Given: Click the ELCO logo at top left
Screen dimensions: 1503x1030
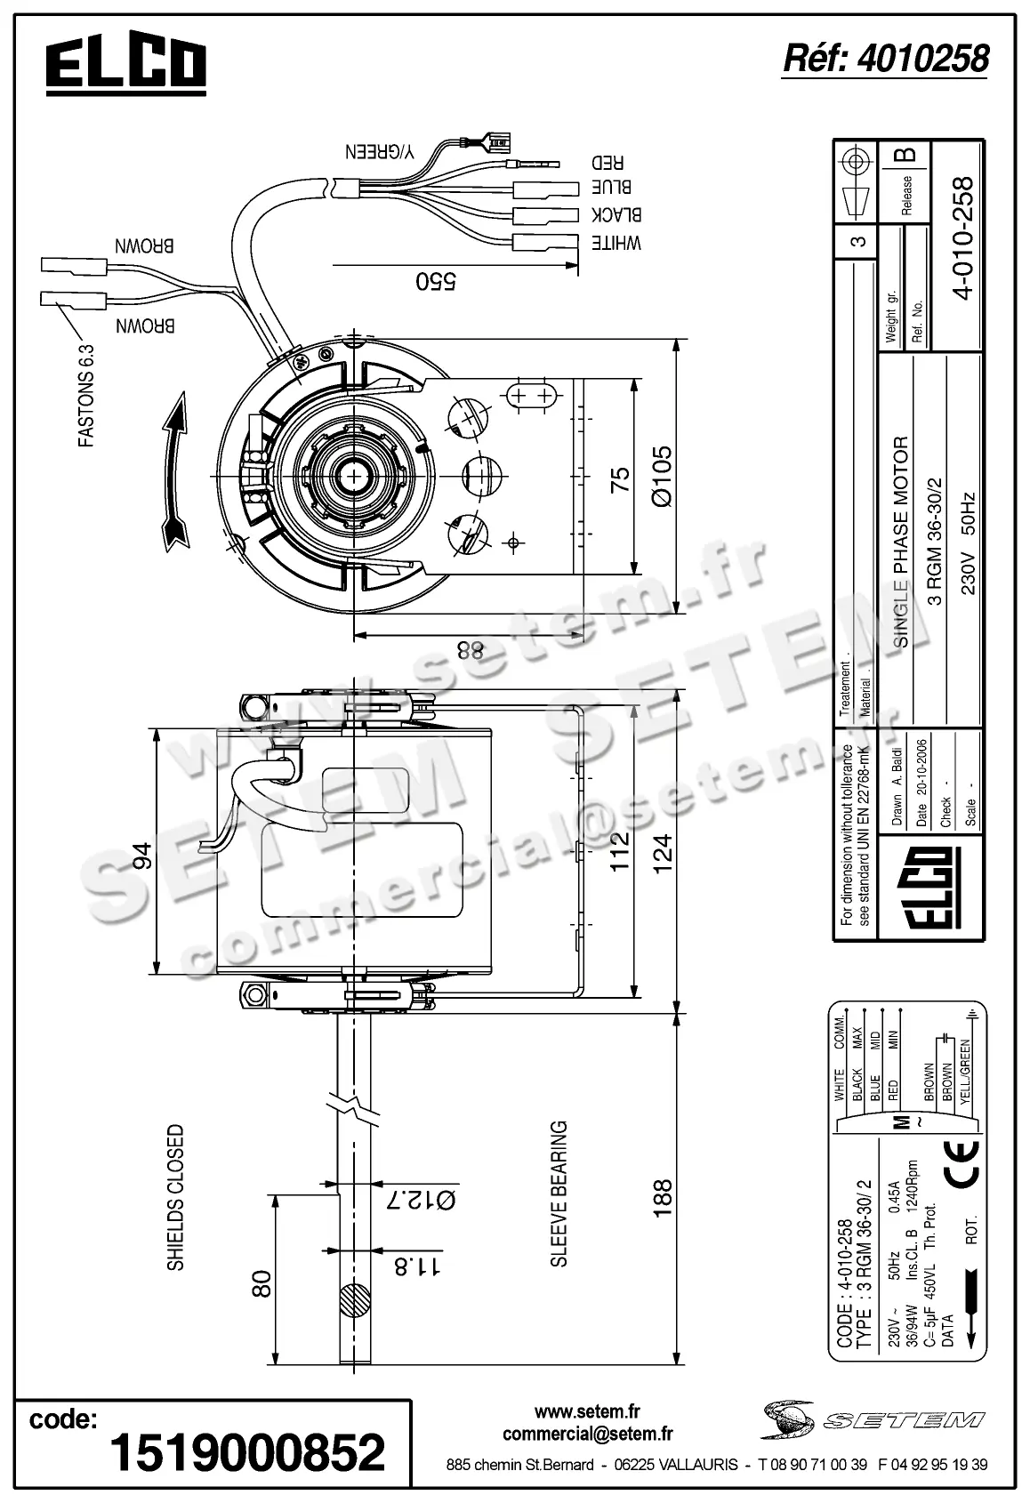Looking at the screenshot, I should [x=125, y=66].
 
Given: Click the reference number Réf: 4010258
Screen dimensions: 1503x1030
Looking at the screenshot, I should [x=885, y=59].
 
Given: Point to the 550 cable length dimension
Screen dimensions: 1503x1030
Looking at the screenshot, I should [x=436, y=281].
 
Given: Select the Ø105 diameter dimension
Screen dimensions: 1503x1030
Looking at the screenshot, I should [x=664, y=476].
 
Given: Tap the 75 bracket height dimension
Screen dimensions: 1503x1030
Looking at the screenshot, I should [x=620, y=478].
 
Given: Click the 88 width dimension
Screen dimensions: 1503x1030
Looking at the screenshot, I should [x=469, y=649].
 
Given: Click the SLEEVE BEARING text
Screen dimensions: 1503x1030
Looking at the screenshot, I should [x=559, y=1193].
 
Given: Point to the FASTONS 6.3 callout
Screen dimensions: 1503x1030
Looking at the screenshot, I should [x=86, y=396].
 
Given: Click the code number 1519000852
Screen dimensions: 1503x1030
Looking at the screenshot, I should [x=246, y=1452].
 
